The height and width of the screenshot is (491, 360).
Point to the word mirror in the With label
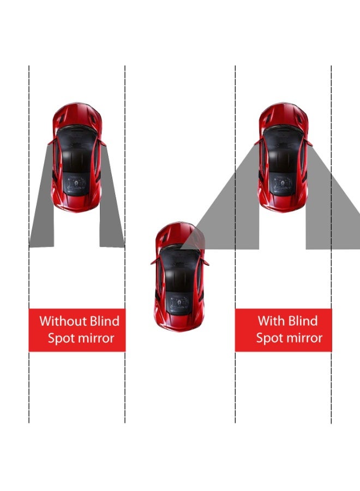click(304, 338)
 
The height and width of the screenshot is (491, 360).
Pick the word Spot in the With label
click(269, 338)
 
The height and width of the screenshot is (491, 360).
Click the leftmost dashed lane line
click(29, 382)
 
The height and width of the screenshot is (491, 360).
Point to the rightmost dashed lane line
click(331, 382)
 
